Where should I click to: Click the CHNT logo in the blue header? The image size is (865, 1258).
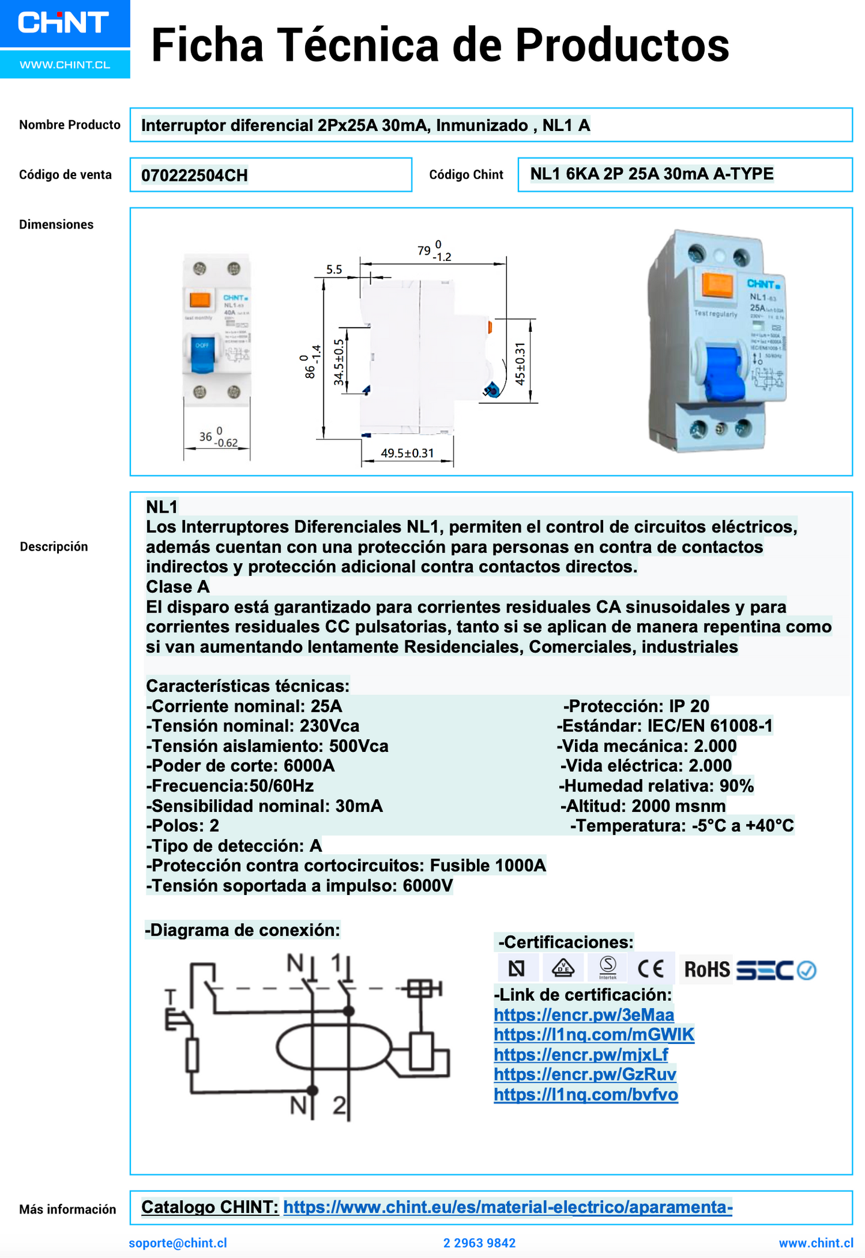(x=63, y=23)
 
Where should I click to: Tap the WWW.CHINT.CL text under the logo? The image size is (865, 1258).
(x=65, y=65)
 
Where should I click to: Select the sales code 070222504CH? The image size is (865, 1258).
(x=194, y=176)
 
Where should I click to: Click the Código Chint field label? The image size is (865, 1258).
(x=466, y=175)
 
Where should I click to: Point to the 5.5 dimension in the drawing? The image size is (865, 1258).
(x=334, y=270)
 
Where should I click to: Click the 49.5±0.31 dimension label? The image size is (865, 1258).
(x=407, y=453)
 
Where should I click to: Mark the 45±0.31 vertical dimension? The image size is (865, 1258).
(x=520, y=364)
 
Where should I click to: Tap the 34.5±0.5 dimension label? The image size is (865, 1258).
(x=339, y=362)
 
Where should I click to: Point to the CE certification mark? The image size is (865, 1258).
(x=651, y=969)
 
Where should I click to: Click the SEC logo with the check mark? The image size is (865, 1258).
(x=775, y=970)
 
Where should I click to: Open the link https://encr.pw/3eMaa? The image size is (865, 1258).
(x=583, y=1015)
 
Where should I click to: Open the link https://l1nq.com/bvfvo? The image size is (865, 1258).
(x=586, y=1095)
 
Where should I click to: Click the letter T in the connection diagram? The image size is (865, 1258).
(x=171, y=997)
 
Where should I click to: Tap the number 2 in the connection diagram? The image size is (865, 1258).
(x=339, y=1105)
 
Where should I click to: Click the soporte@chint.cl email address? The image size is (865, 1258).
(x=178, y=1243)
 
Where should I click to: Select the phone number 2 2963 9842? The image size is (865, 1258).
(x=479, y=1243)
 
